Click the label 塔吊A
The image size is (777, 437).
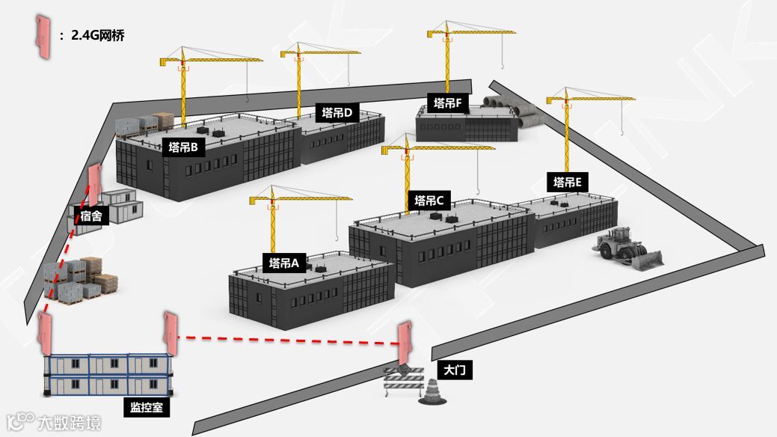coord(284,263)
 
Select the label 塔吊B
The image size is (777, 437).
coord(183,147)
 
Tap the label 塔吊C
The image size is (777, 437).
coord(429,201)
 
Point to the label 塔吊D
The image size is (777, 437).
coord(337,114)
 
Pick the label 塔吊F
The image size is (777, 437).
coord(446,103)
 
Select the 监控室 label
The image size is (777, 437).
coord(146,408)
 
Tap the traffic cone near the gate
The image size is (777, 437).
coord(433,393)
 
